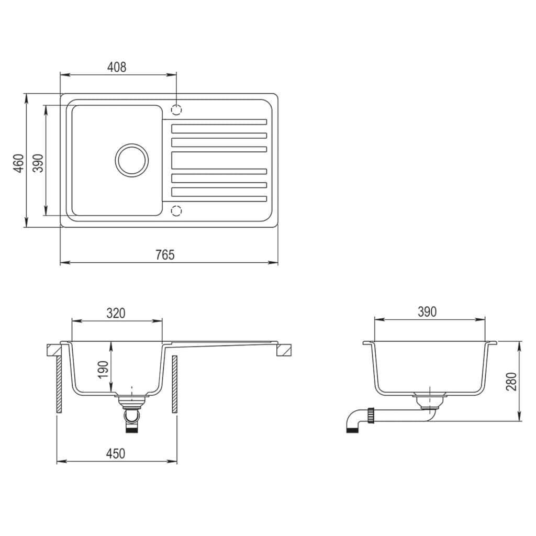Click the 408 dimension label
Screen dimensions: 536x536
(117, 67)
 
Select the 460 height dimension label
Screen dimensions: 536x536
(18, 163)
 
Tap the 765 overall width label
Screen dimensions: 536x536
(164, 254)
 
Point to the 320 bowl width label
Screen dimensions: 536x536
(116, 313)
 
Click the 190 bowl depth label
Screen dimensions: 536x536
(103, 370)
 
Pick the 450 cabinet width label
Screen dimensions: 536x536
(116, 453)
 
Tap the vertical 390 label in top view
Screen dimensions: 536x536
(38, 163)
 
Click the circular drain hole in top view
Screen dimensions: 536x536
(131, 160)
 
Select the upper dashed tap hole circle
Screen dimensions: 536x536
(177, 110)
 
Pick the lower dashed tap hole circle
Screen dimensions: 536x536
(177, 210)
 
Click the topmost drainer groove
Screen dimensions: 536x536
(219, 122)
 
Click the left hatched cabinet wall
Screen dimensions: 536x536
(60, 384)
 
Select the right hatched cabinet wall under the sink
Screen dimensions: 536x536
(174, 384)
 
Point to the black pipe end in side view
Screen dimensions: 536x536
(351, 430)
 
